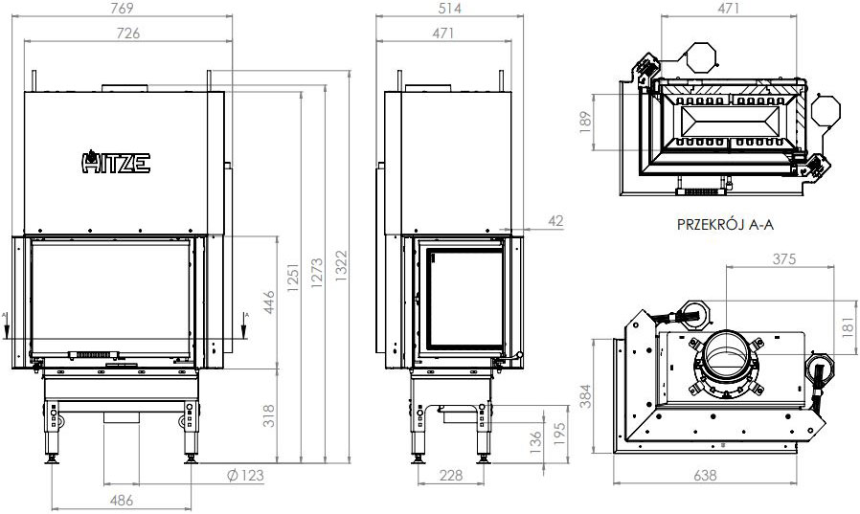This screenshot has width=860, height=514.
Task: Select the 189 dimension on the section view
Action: pos(585,122)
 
